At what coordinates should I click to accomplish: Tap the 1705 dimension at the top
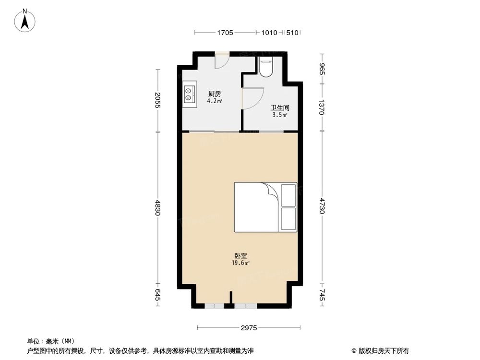pos(225,33)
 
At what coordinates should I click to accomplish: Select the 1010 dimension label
pos(269,33)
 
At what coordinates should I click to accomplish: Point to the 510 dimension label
pos(292,33)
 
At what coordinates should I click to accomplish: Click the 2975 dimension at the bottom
pos(249,328)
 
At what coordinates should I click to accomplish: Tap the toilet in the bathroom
pos(266,67)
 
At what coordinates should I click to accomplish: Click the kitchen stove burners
pos(189,94)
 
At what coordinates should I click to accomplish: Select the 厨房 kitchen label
pos(215,94)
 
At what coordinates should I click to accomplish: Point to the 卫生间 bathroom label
pos(279,108)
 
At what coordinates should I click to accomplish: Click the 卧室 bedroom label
pos(241,256)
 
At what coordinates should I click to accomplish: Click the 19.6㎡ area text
pos(241,263)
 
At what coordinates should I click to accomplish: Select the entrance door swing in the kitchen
pos(221,61)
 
